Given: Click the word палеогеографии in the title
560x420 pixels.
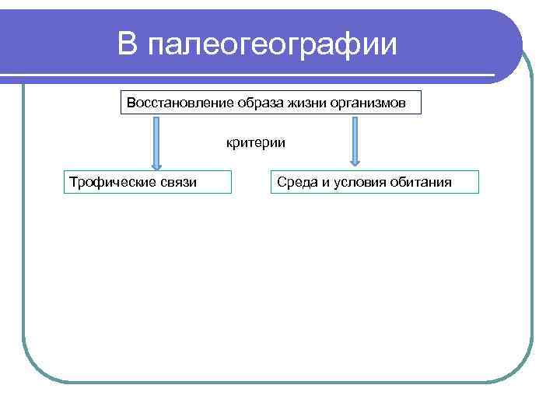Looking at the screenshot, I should tap(271, 44).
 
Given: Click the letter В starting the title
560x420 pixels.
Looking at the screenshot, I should tap(128, 44).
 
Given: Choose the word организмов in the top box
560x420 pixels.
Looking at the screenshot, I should tap(366, 103).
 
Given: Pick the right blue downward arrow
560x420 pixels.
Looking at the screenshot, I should tap(355, 140).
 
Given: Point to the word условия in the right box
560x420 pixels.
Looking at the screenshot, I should tap(358, 182).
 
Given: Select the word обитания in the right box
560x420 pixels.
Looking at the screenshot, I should tap(422, 182).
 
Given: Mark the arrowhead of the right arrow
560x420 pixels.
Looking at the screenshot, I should tap(355, 162).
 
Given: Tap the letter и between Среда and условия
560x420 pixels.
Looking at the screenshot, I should tap(321, 182).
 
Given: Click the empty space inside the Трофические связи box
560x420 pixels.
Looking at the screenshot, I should tap(215, 182).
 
